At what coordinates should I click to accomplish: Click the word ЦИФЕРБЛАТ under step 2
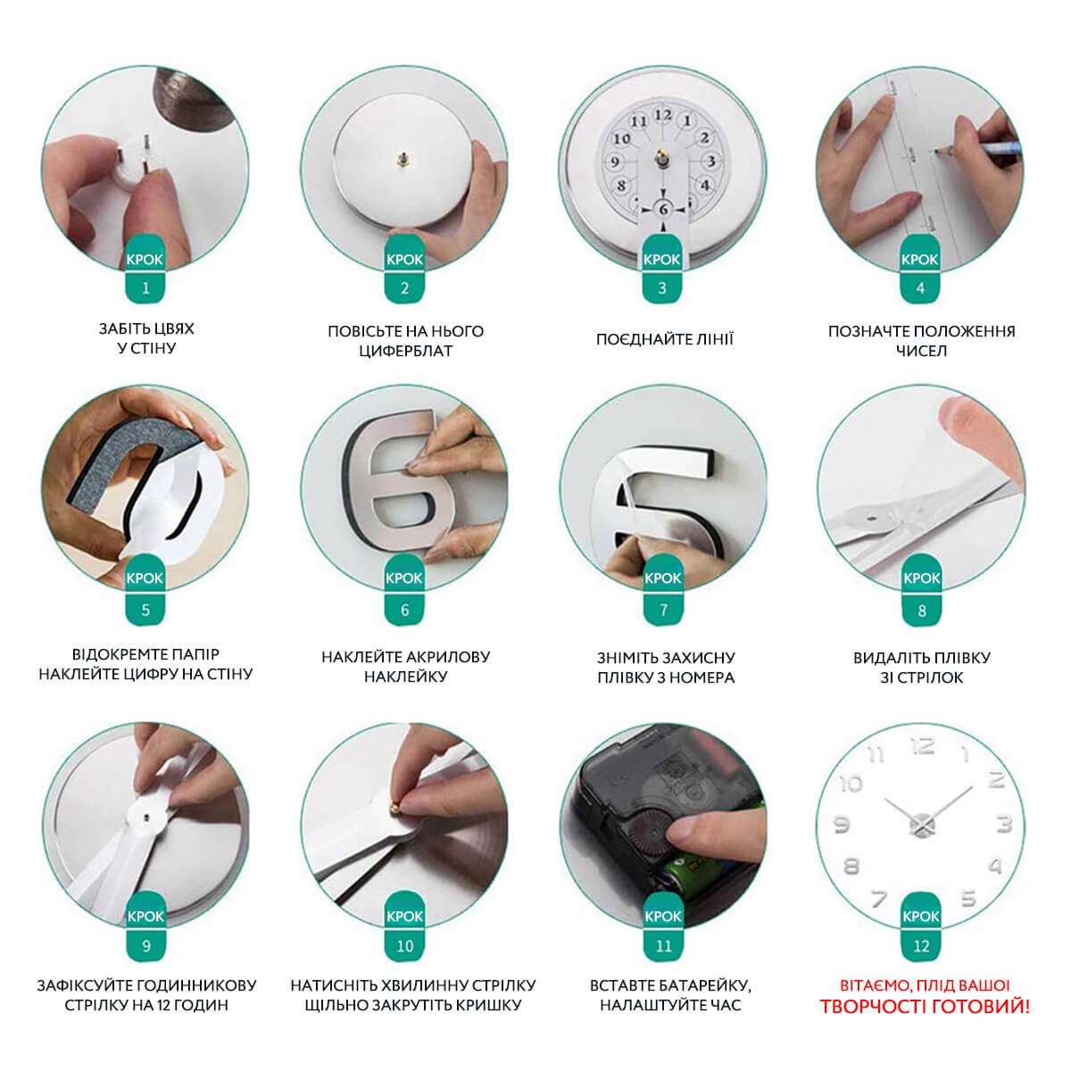pyautogui.click(x=406, y=352)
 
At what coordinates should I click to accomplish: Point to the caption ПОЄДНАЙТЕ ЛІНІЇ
pyautogui.click(x=665, y=339)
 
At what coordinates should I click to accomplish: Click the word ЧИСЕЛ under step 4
pyautogui.click(x=921, y=352)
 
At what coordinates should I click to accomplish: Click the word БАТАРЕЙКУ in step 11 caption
pyautogui.click(x=699, y=986)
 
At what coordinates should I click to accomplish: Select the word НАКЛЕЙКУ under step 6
pyautogui.click(x=406, y=677)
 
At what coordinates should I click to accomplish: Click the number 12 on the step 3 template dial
pyautogui.click(x=662, y=115)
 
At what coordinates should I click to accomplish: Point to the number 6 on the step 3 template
pyautogui.click(x=663, y=210)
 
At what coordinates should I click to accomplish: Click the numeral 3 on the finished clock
pyautogui.click(x=1003, y=824)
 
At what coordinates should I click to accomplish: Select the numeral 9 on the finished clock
pyautogui.click(x=842, y=824)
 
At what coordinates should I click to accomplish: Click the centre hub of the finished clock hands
pyautogui.click(x=921, y=824)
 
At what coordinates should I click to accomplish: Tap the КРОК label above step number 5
pyautogui.click(x=145, y=578)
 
